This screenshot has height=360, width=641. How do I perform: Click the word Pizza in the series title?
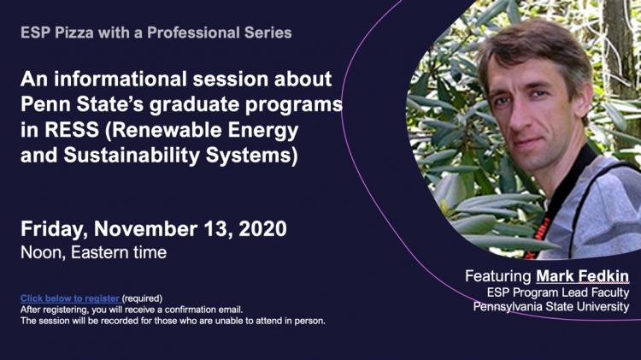point(74,32)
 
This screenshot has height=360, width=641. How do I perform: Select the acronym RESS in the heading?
point(72,130)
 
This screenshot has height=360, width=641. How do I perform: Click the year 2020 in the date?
point(262,228)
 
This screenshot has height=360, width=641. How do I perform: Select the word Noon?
point(43,252)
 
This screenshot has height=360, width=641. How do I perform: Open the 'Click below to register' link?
point(70,298)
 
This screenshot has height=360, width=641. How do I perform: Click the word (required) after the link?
point(142,298)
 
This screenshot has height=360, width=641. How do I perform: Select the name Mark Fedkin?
point(583,276)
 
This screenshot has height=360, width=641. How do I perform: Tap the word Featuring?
point(498,276)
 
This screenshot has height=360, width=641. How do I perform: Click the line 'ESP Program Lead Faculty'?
point(558,292)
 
